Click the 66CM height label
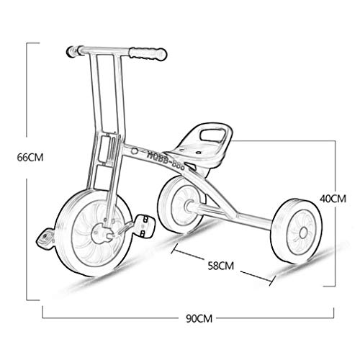[x=30, y=158]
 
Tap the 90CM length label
[x=199, y=318]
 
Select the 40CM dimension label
[x=333, y=199]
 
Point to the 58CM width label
[x=220, y=266]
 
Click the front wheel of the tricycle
[x=94, y=232]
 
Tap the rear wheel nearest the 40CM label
[x=297, y=231]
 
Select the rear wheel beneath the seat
[x=181, y=204]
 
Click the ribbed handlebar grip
[x=148, y=54]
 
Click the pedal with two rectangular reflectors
[x=145, y=226]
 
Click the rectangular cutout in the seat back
[x=212, y=135]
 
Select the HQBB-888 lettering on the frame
[x=166, y=160]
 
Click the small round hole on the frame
[x=135, y=151]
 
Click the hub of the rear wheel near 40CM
[x=303, y=232]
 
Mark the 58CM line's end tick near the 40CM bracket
[x=272, y=280]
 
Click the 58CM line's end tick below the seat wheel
[x=174, y=248]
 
